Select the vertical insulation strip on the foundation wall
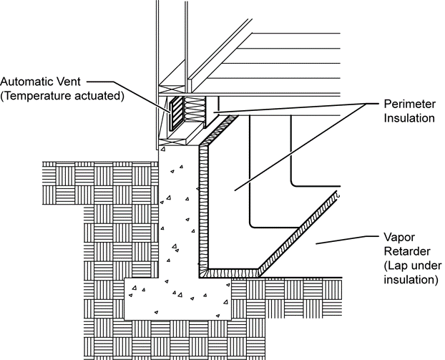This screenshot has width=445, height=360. point(202,208)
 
